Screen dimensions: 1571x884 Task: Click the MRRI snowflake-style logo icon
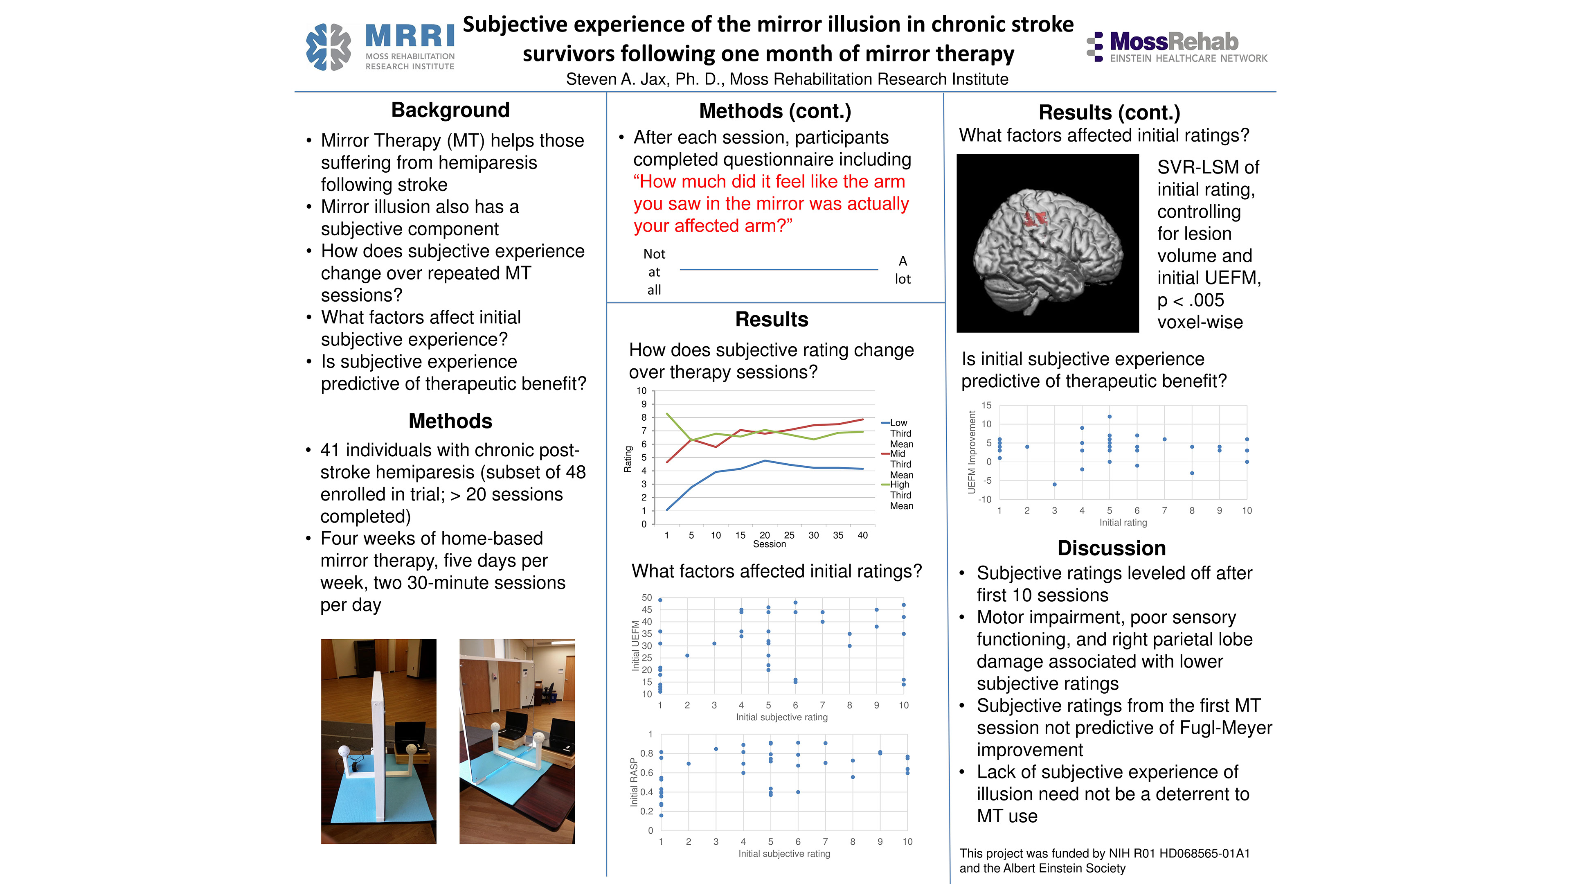(x=328, y=47)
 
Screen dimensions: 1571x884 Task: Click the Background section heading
(x=450, y=110)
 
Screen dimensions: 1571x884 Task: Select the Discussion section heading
(x=1111, y=548)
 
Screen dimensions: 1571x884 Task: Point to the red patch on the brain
(x=1035, y=218)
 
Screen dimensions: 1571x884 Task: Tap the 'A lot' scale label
(x=903, y=270)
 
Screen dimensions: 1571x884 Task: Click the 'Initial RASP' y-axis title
(x=634, y=782)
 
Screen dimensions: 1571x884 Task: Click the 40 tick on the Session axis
(x=862, y=535)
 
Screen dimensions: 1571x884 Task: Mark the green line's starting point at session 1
(x=667, y=414)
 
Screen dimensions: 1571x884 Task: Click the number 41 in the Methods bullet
(x=330, y=450)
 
